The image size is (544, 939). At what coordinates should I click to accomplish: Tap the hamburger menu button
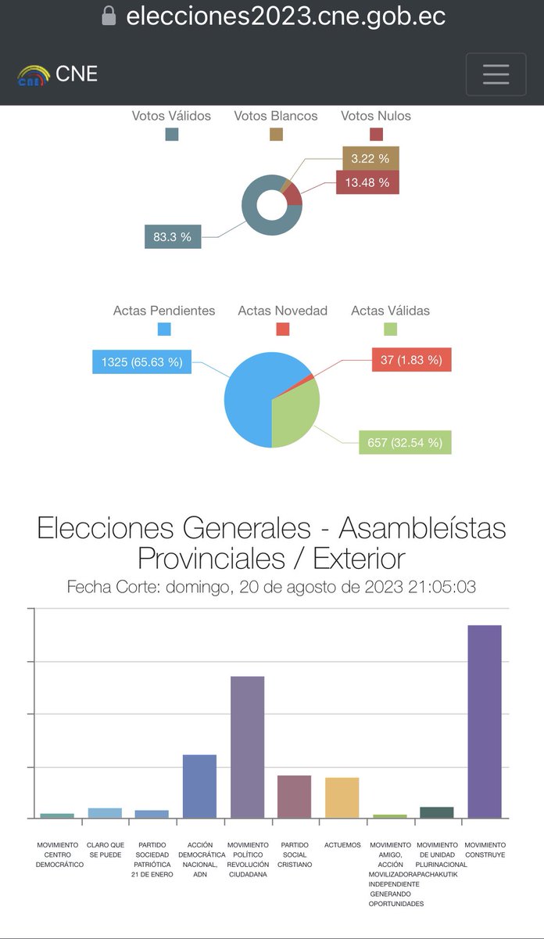(x=496, y=74)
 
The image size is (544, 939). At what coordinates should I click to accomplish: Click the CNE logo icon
(x=34, y=76)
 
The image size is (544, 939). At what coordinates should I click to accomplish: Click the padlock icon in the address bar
(x=109, y=16)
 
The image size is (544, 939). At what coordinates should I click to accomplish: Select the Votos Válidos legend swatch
(x=171, y=135)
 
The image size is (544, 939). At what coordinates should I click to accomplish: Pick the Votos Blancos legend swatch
(x=276, y=135)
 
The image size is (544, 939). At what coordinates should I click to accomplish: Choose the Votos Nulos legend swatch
(x=376, y=135)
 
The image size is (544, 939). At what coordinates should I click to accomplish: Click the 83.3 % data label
(x=173, y=237)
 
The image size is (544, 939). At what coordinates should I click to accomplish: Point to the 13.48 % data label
(x=367, y=184)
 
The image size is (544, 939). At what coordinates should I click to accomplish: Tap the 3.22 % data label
(x=370, y=158)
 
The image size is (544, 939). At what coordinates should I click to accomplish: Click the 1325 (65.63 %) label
(x=141, y=362)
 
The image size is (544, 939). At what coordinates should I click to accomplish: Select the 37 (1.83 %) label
(x=411, y=360)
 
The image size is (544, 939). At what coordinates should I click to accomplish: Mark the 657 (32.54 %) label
(x=404, y=442)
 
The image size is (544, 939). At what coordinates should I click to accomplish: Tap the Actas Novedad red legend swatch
(x=282, y=329)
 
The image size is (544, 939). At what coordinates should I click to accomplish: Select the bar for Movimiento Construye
(x=484, y=720)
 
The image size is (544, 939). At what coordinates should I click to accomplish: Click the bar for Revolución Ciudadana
(x=247, y=747)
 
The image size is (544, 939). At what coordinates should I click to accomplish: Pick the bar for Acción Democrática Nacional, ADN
(x=199, y=786)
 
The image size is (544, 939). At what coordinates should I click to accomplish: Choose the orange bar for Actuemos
(x=342, y=797)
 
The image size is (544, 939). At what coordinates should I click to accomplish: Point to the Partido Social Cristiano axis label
(x=295, y=854)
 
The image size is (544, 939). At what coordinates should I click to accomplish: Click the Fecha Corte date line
(x=271, y=587)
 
